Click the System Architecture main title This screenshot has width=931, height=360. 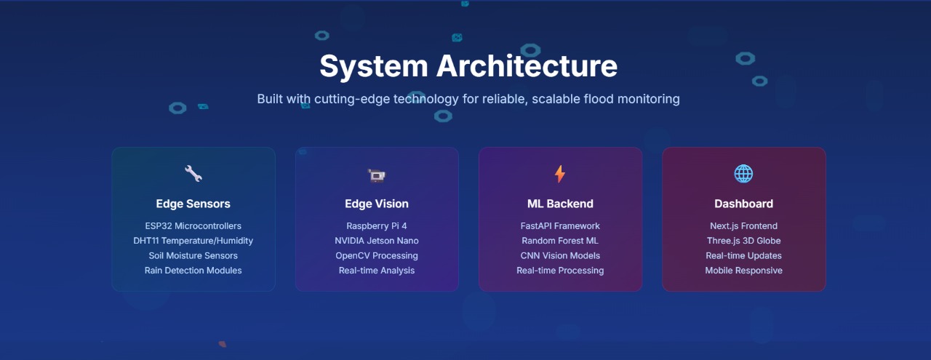pos(468,66)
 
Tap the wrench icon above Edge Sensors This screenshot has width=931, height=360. pos(193,173)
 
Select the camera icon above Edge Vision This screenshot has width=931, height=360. pos(377,175)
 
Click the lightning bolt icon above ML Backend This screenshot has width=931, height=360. pos(560,174)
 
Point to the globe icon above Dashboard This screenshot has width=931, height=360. pos(743,173)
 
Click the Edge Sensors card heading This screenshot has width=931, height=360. pos(193,204)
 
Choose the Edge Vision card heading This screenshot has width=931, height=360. pos(377,204)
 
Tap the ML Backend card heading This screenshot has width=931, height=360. pos(560,204)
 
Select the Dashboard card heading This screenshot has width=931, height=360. pos(743,204)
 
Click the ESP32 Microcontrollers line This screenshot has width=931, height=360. pos(193,226)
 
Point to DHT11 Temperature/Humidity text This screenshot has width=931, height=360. pos(193,241)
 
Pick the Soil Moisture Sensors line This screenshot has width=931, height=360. pos(193,256)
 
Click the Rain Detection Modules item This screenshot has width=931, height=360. pos(193,271)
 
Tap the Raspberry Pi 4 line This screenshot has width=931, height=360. pos(377,226)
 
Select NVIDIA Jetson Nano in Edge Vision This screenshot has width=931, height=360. pos(377,241)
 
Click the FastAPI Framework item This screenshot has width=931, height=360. pos(560,226)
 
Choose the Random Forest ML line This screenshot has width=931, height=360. pos(560,241)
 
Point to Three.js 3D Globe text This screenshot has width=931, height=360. pos(743,241)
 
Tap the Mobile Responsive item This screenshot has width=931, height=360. pos(743,271)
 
